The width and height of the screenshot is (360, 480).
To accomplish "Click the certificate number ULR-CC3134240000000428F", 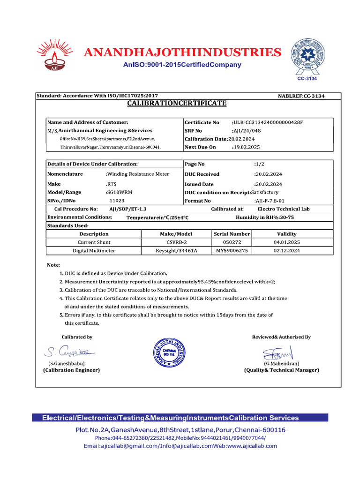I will pos(268,122).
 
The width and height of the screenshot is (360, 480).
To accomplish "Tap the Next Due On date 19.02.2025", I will pos(246,147).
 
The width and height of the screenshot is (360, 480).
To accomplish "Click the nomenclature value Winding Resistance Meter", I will pos(138,174).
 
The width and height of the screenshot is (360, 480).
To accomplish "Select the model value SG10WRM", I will pos(119,192).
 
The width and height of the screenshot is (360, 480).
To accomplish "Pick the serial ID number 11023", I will pos(117,201).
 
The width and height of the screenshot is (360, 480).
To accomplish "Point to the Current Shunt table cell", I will pos(94,242).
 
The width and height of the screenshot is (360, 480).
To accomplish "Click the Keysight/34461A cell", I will pos(177,251).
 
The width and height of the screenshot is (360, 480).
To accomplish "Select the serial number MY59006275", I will pos(232,251).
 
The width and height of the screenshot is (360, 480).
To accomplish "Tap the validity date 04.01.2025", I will pos(286,242).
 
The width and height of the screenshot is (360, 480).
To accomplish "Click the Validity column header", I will pos(286,234).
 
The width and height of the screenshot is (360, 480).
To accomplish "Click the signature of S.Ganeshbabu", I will pos(70,351).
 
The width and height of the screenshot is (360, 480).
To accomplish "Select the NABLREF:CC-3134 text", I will pos(301,96).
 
